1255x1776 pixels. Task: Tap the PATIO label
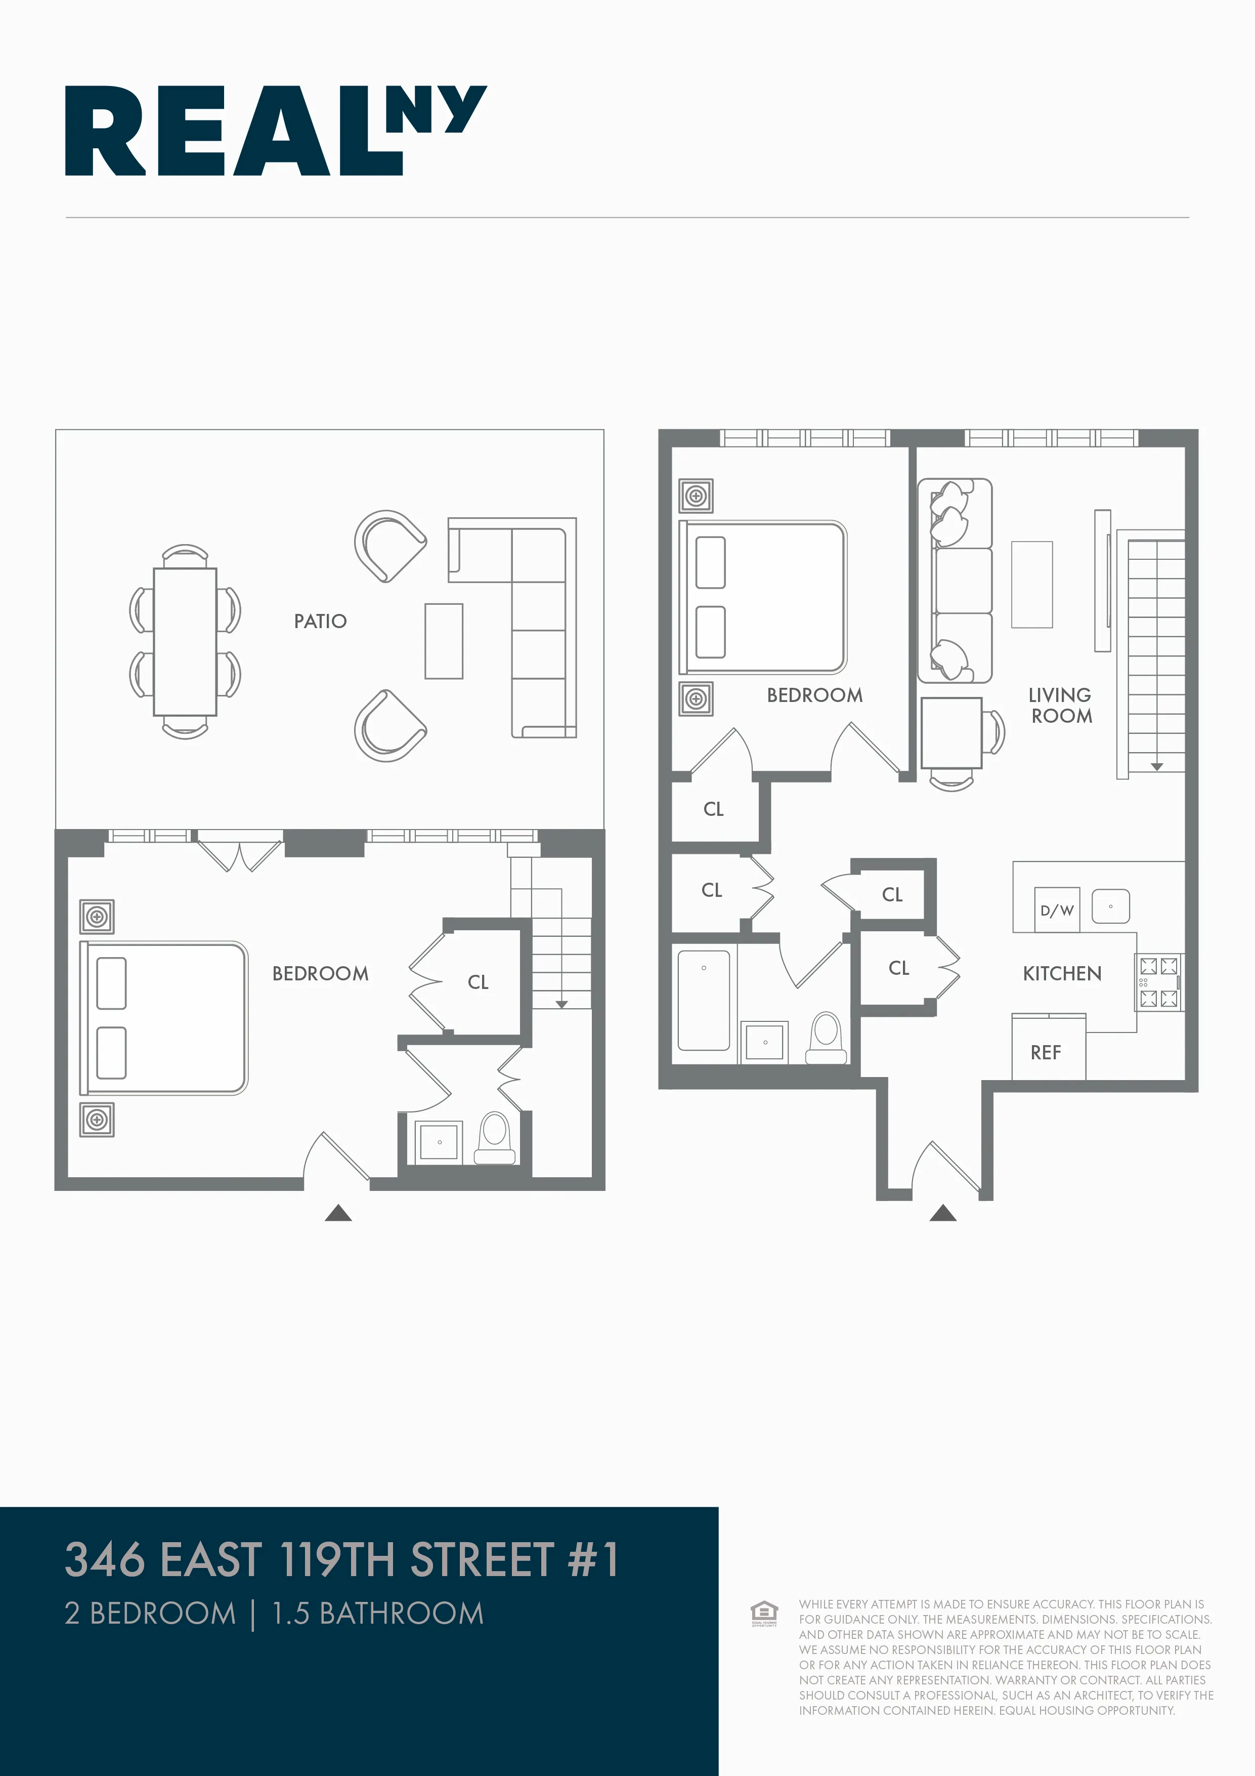click(x=320, y=621)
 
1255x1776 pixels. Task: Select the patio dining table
click(x=185, y=641)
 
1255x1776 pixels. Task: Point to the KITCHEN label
click(x=1062, y=973)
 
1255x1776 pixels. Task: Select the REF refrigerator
click(x=1046, y=1052)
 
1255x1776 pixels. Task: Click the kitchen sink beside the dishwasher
click(x=1110, y=906)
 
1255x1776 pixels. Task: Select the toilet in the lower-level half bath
click(x=495, y=1137)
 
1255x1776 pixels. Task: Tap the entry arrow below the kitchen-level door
click(x=942, y=1213)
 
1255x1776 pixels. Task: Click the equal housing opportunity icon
click(x=764, y=1613)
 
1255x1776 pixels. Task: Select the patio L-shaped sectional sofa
click(x=538, y=619)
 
